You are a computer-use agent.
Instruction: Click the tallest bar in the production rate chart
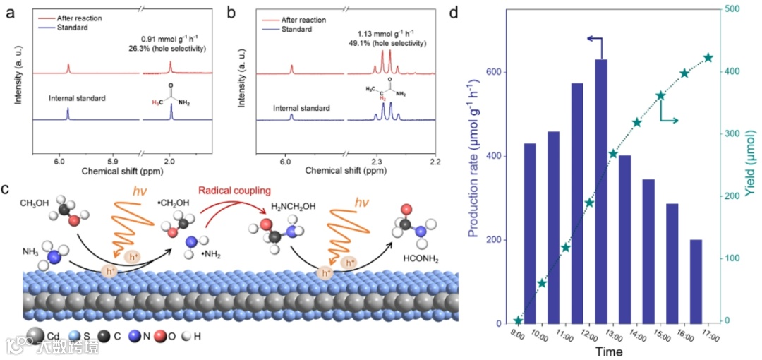click(601, 191)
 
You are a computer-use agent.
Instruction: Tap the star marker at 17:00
click(708, 58)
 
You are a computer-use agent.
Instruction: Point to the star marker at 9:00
click(518, 320)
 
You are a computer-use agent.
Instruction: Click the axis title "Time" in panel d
click(607, 351)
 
